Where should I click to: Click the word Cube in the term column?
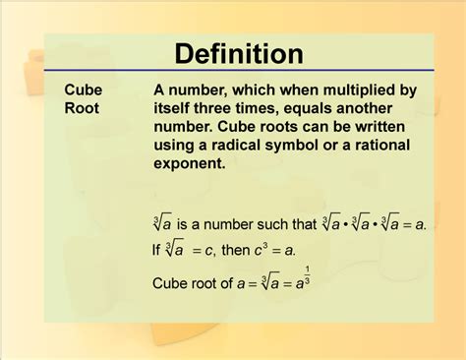pyautogui.click(x=84, y=90)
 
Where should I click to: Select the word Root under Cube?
pyautogui.click(x=84, y=108)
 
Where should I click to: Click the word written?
pyautogui.click(x=391, y=127)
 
